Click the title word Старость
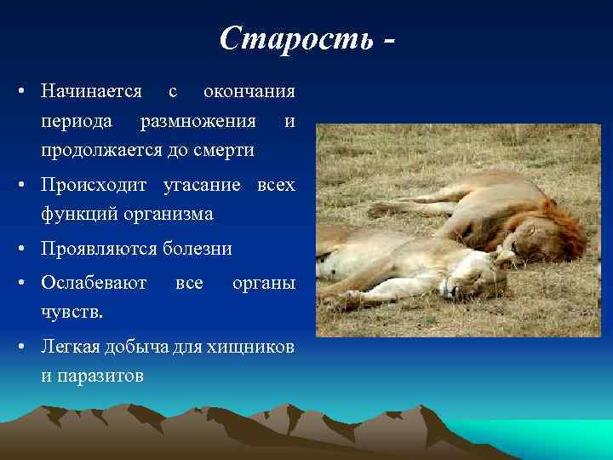(295, 37)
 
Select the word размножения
(198, 121)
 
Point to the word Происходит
(95, 185)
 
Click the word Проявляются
(100, 249)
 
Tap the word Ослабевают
(94, 281)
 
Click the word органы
(264, 281)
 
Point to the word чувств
(72, 311)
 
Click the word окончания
(249, 91)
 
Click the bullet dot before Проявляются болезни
(26, 249)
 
